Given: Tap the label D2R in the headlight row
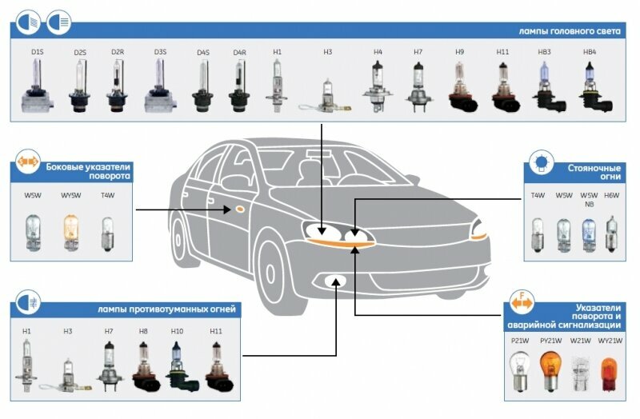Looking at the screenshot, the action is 118,53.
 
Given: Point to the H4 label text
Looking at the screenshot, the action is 378,53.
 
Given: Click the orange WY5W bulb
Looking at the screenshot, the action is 72,232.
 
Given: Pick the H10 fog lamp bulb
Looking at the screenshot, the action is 178,367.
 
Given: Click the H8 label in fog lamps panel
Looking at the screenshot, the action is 143,331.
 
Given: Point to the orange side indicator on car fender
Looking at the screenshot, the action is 238,210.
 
